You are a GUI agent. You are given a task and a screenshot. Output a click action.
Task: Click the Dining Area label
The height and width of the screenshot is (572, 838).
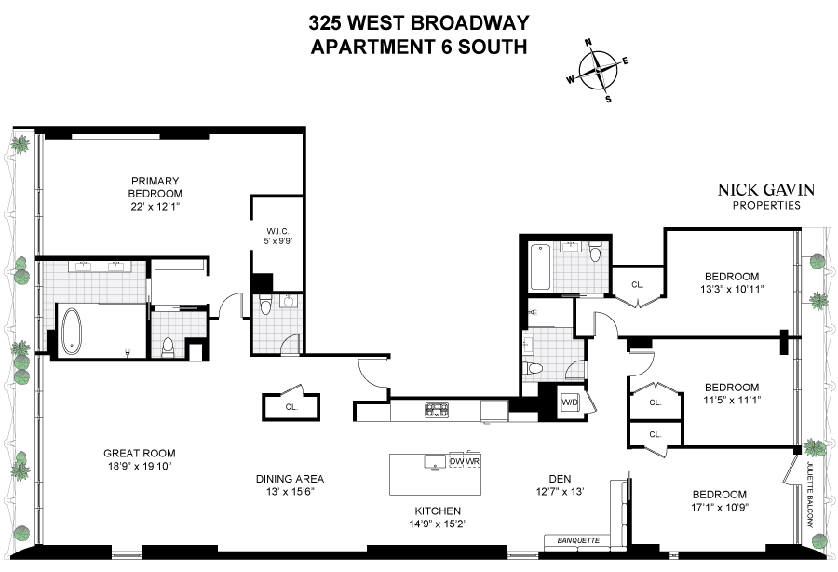pyautogui.click(x=290, y=479)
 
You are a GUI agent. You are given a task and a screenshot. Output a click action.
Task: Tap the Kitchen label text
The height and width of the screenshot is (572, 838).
pyautogui.click(x=438, y=511)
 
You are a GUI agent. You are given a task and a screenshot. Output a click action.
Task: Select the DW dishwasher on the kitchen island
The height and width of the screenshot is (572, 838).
pyautogui.click(x=456, y=461)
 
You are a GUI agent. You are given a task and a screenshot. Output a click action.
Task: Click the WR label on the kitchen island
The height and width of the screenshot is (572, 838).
pyautogui.click(x=472, y=461)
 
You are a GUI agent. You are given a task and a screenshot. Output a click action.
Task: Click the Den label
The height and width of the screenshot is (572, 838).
pyautogui.click(x=559, y=479)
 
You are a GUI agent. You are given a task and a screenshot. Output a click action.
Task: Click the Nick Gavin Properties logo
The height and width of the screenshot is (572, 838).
pyautogui.click(x=765, y=196)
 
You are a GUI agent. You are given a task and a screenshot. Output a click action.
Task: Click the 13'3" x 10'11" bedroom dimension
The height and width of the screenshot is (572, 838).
pyautogui.click(x=733, y=289)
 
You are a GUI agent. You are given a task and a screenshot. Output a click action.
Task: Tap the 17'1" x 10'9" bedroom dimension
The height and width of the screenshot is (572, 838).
pyautogui.click(x=719, y=507)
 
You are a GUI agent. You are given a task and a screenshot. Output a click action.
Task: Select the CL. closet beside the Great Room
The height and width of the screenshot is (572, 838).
pyautogui.click(x=291, y=407)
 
